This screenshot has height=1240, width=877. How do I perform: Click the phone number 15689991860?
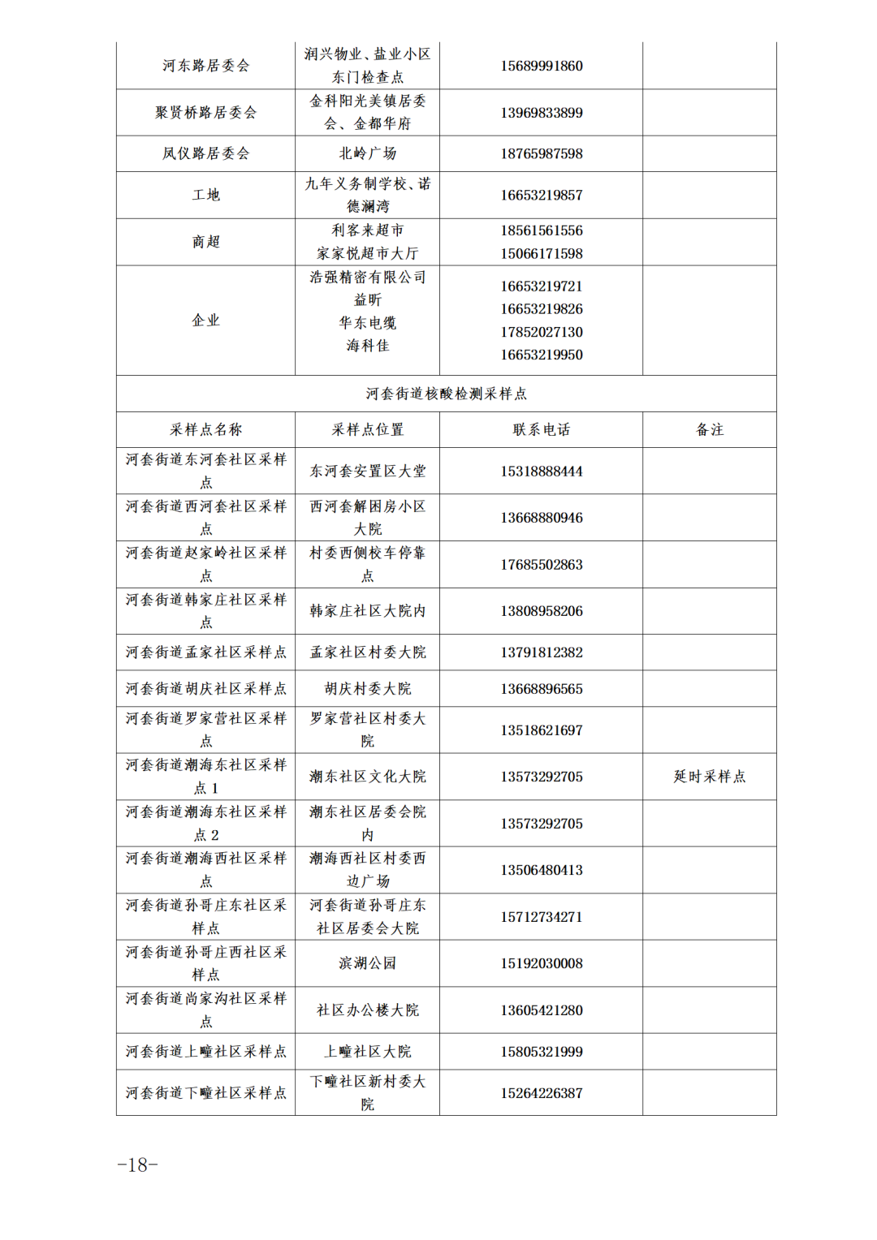tap(541, 66)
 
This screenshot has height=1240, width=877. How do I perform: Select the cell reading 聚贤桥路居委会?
tap(205, 113)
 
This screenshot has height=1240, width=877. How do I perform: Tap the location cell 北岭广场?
tap(367, 153)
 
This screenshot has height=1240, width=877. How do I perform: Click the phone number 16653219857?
tap(541, 195)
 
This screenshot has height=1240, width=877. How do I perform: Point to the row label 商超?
tap(205, 242)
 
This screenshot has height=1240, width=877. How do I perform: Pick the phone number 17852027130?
tap(541, 332)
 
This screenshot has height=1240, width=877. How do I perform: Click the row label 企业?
tap(205, 321)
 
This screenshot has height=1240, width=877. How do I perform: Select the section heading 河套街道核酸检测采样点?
tap(446, 394)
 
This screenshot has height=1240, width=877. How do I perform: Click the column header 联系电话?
tap(541, 430)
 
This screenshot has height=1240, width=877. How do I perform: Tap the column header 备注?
tap(709, 430)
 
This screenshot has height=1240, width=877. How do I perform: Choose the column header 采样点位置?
tap(367, 430)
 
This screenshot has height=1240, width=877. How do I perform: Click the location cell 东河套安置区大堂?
tap(367, 471)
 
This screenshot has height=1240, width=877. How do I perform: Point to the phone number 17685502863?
tap(541, 565)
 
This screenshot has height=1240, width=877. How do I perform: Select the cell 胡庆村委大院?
tap(367, 689)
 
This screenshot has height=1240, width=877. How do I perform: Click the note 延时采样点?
tap(709, 777)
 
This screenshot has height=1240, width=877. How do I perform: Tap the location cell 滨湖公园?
tap(367, 963)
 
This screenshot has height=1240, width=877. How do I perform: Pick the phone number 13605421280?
tap(541, 1010)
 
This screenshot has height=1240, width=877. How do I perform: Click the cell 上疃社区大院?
tap(367, 1052)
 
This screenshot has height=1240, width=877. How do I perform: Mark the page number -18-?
tap(137, 1165)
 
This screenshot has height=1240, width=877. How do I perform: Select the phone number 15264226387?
tap(541, 1093)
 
